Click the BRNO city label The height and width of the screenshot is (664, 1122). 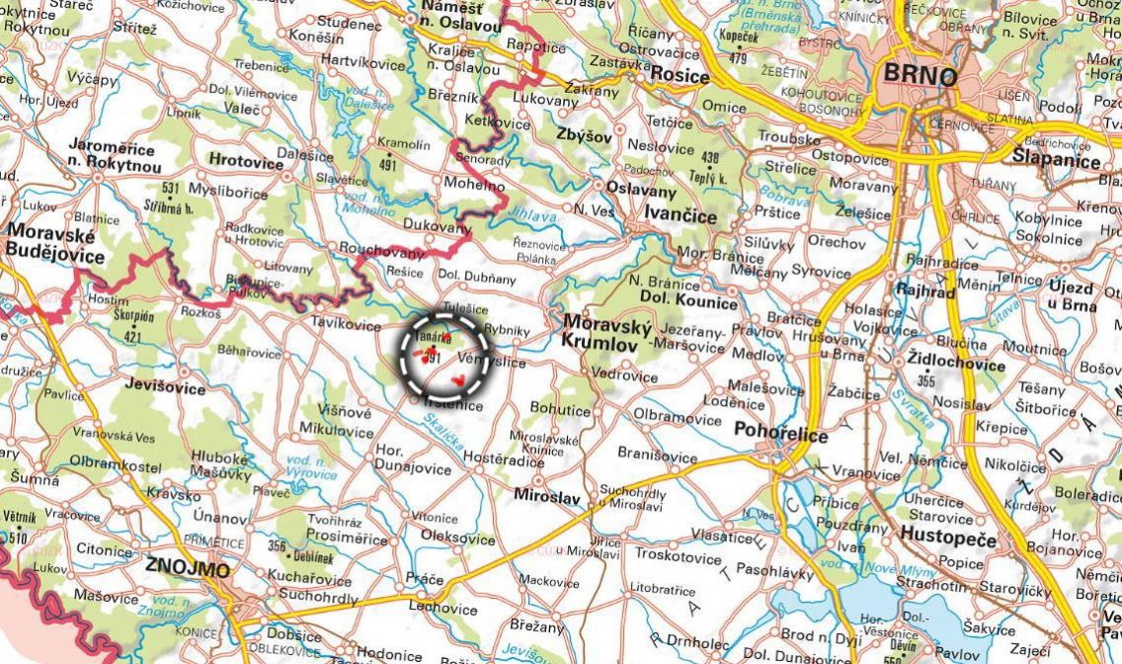click(x=920, y=76)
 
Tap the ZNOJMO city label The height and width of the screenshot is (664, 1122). click(x=187, y=568)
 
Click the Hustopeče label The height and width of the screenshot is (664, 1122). click(x=948, y=539)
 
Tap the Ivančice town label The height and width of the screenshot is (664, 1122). click(x=681, y=211)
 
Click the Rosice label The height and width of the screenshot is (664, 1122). click(x=680, y=76)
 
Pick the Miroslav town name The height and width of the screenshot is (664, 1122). click(x=547, y=498)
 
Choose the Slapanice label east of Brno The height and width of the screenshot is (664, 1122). click(x=1056, y=161)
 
